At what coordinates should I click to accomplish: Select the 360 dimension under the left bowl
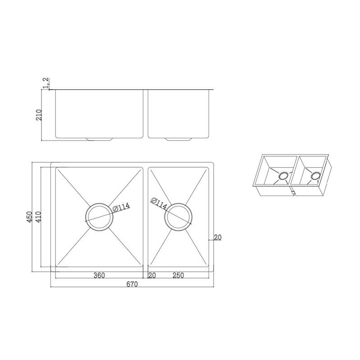point(100,276)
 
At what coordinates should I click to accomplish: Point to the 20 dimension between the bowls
point(151,276)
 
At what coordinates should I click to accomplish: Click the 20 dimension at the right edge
point(218,237)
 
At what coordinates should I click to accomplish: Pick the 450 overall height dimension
point(30,218)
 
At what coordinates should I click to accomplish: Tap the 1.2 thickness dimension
point(45,82)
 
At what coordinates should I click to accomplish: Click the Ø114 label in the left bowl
point(120,208)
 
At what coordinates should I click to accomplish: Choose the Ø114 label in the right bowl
point(160,204)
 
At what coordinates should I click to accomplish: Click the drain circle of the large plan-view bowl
point(98,218)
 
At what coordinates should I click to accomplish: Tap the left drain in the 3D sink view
point(284,176)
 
